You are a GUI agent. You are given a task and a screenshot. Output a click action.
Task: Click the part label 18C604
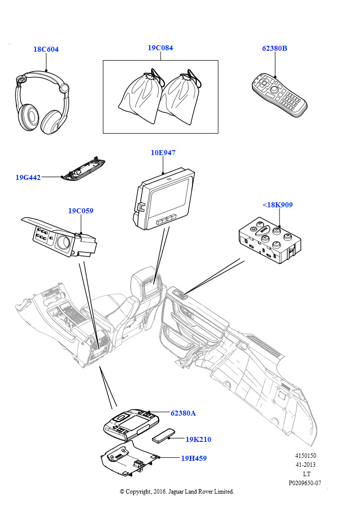pyautogui.click(x=46, y=49)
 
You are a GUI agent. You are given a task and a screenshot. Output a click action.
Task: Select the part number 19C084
pyautogui.click(x=160, y=48)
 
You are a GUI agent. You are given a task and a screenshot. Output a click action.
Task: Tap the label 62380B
pyautogui.click(x=274, y=49)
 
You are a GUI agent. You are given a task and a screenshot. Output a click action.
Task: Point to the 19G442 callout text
pyautogui.click(x=28, y=177)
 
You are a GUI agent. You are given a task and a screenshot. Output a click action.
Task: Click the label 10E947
pyautogui.click(x=163, y=153)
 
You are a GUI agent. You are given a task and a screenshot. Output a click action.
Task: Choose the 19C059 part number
pyautogui.click(x=81, y=211)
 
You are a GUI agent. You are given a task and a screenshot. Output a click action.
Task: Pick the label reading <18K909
pyautogui.click(x=277, y=204)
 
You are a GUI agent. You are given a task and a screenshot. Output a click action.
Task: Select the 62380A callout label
pyautogui.click(x=183, y=413)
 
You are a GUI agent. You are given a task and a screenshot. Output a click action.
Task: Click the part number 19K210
pyautogui.click(x=198, y=439)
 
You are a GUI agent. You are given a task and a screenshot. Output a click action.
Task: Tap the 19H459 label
pyautogui.click(x=194, y=458)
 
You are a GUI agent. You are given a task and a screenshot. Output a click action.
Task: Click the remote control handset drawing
pyautogui.click(x=279, y=94)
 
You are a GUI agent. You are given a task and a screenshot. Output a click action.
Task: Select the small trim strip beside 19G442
pyautogui.click(x=84, y=171)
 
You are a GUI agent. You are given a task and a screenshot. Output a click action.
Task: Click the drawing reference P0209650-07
pyautogui.click(x=305, y=483)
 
